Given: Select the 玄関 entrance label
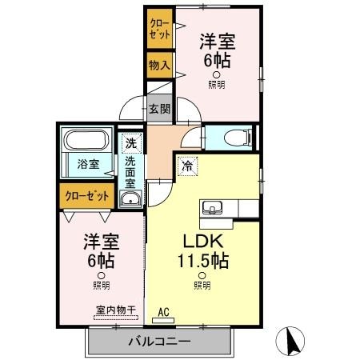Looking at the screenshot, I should click(x=159, y=110).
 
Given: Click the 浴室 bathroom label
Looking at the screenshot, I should click(x=88, y=164).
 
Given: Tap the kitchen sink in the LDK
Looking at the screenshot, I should click(x=213, y=209).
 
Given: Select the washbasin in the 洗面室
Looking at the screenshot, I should click(x=130, y=198).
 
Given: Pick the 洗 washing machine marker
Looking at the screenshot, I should click(x=130, y=144).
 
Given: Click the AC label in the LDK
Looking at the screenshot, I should click(x=163, y=313).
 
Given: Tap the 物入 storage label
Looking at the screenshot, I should click(x=158, y=64).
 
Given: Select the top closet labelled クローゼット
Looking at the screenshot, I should click(x=158, y=29).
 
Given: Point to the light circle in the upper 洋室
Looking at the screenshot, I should click(x=216, y=74).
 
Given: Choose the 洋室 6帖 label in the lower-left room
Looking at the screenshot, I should click(x=101, y=250).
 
